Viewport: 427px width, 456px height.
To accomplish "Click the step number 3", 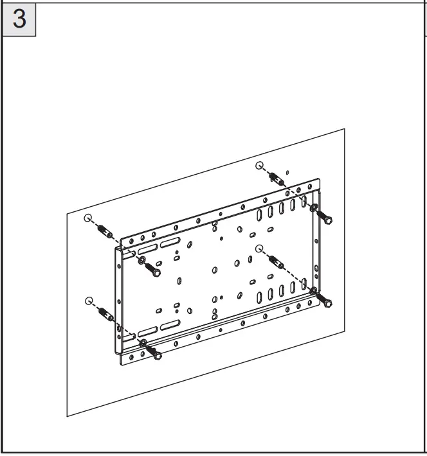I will (x=20, y=19).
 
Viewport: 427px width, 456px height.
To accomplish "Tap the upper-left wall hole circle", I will (x=89, y=218).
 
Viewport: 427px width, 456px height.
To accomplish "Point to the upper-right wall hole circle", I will (x=259, y=165).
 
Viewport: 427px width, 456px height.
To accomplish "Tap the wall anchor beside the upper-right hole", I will (x=277, y=177).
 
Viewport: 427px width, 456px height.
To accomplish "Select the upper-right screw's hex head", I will (x=328, y=220).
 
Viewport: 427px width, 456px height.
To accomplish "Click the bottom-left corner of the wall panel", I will (x=67, y=417).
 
